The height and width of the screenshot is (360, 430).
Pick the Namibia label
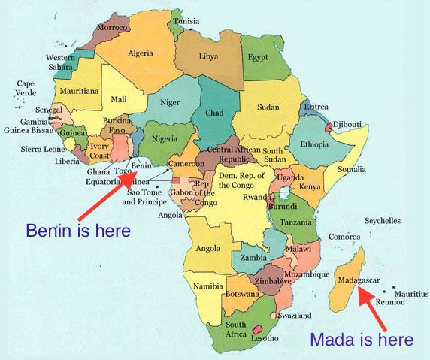coord(208,286)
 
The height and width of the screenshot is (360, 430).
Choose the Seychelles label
coord(383,221)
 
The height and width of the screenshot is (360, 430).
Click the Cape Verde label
coord(26,88)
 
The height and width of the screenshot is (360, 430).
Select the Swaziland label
coord(294,315)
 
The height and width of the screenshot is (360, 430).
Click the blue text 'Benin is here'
coord(78,230)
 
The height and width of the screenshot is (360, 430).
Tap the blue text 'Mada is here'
coord(362,340)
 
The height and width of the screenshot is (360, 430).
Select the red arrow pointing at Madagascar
coord(374,310)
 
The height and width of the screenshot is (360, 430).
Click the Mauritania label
coord(80,91)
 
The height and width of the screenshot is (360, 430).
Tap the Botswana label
coord(241,294)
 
